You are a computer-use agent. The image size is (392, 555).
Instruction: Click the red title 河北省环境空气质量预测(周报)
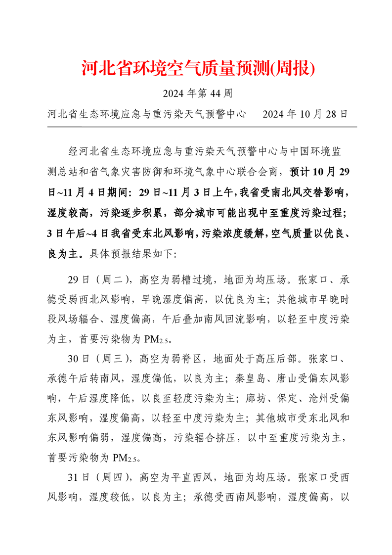[197, 69]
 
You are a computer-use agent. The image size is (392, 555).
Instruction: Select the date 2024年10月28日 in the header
[305, 114]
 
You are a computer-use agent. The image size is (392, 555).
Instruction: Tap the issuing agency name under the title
[147, 114]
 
